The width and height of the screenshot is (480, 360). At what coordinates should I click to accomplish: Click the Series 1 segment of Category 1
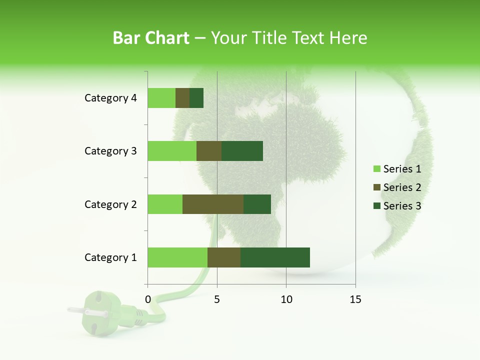pyautogui.click(x=177, y=257)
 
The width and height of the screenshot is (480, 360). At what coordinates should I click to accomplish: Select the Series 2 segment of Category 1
pyautogui.click(x=224, y=257)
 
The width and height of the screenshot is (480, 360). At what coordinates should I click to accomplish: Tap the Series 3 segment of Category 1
pyautogui.click(x=275, y=257)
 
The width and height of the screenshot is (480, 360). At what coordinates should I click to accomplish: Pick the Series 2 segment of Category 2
pyautogui.click(x=213, y=204)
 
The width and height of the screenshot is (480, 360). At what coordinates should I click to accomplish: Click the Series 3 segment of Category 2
pyautogui.click(x=257, y=204)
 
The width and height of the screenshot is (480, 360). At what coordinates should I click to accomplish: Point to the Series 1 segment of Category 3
pyautogui.click(x=172, y=151)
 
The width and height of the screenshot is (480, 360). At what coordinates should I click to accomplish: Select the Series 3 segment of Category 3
pyautogui.click(x=242, y=151)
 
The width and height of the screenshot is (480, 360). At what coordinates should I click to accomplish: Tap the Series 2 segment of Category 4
pyautogui.click(x=182, y=98)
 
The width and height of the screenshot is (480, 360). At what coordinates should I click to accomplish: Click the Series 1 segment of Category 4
pyautogui.click(x=161, y=98)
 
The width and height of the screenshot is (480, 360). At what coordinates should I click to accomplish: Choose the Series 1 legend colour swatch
pyautogui.click(x=376, y=169)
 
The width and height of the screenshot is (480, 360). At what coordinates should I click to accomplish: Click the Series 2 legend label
pyautogui.click(x=402, y=187)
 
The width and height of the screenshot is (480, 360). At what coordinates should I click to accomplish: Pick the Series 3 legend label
pyautogui.click(x=402, y=206)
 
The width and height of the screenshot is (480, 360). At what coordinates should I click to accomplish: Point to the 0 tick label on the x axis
pyautogui.click(x=148, y=299)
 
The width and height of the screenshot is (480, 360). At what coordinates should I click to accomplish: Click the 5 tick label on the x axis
pyautogui.click(x=217, y=299)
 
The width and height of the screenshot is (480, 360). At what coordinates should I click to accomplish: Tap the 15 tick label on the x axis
pyautogui.click(x=355, y=299)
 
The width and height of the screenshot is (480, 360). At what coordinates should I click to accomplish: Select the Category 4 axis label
pyautogui.click(x=110, y=98)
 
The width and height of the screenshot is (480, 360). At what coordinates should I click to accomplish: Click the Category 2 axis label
pyautogui.click(x=110, y=204)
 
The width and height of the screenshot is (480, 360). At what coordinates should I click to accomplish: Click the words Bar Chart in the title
pyautogui.click(x=151, y=38)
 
